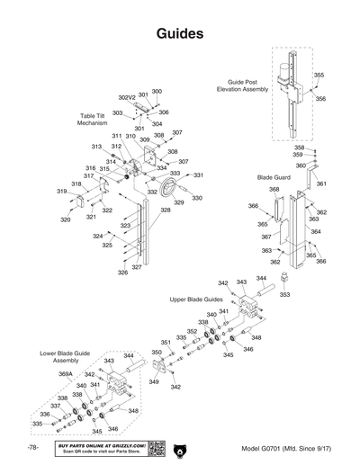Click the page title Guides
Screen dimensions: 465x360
pos(179,33)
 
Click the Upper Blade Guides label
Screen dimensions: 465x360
pos(194,297)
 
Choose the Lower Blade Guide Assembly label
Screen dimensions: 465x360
pos(65,356)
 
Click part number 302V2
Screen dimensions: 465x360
pos(127,97)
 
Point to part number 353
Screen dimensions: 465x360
pos(284,293)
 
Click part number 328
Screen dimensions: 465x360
pos(166,210)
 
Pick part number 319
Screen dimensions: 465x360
pos(62,192)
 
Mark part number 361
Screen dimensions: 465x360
pos(320,183)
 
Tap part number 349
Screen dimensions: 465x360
pos(154,382)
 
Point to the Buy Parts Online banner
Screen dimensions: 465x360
pos(100,448)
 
